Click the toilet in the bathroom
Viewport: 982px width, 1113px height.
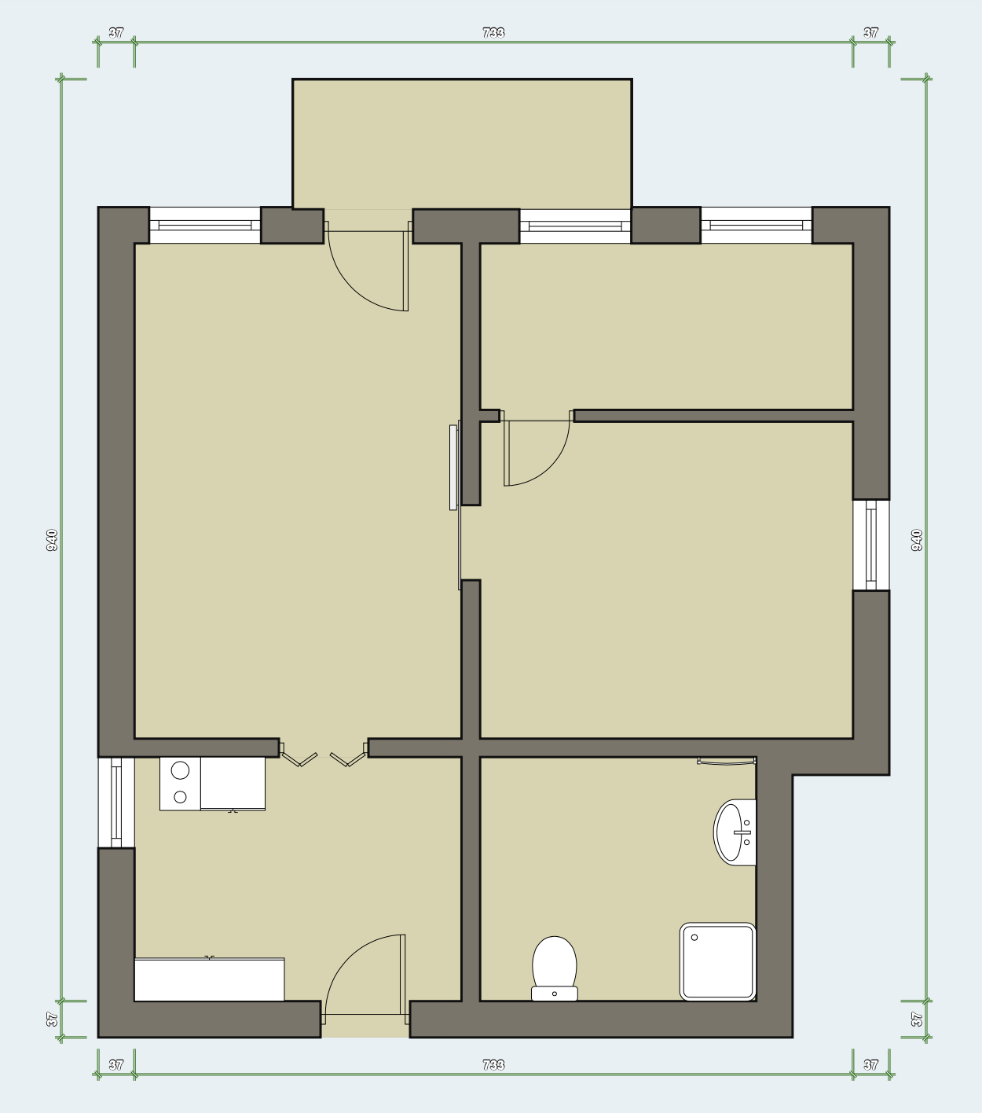[554, 969]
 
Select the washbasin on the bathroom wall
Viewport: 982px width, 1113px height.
[735, 832]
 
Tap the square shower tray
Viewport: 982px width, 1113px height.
[718, 961]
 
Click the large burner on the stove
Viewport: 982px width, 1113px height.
[180, 771]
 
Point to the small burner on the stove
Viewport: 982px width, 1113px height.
[180, 796]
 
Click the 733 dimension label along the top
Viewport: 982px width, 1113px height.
[493, 33]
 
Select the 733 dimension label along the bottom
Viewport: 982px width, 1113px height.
[493, 1065]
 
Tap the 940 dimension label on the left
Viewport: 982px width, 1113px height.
[52, 540]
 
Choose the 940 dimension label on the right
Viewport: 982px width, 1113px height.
[917, 540]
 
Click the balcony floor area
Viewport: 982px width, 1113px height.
[462, 144]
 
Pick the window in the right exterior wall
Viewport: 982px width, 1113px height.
[871, 545]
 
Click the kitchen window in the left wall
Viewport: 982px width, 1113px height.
[116, 803]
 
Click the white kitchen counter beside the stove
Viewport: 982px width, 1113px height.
[233, 784]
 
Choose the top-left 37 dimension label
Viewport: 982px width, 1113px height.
[116, 33]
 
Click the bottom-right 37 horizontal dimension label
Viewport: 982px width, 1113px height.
[870, 1065]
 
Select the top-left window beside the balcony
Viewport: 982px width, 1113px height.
[205, 226]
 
